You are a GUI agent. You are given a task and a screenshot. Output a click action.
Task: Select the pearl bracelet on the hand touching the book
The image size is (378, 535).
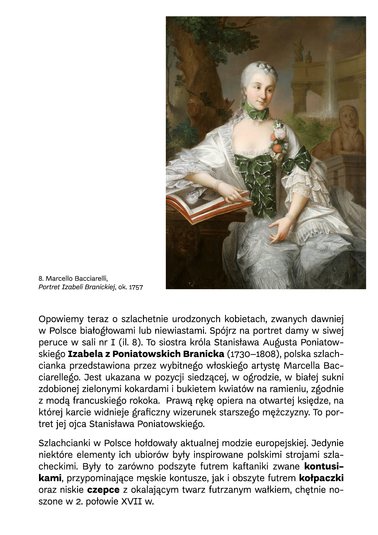tap(217, 185)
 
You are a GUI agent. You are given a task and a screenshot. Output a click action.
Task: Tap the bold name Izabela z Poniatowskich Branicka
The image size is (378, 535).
tap(146, 354)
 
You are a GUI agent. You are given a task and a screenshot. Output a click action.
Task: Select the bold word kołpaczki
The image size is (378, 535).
tap(321, 478)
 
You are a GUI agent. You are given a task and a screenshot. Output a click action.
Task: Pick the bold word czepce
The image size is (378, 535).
tap(103, 490)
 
